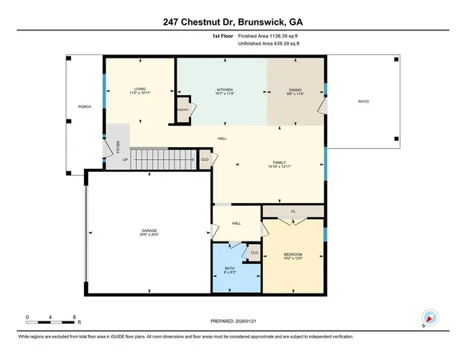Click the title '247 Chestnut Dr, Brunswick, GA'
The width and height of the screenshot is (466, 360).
[233, 18]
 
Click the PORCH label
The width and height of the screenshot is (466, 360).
[82, 106]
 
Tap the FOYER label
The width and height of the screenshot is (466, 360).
[118, 146]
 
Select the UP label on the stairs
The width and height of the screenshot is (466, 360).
[125, 158]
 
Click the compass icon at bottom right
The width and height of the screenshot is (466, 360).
[429, 318]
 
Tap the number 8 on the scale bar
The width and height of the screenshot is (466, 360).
[74, 317]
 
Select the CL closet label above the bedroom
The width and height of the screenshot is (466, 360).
[293, 212]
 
